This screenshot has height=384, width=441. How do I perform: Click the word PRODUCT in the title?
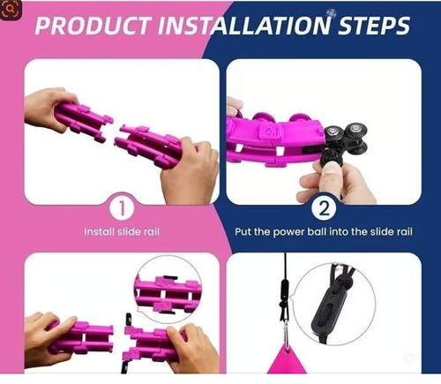(93, 26)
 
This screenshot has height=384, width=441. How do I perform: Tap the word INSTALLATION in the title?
(245, 26)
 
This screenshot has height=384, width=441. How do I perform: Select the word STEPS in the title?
(374, 26)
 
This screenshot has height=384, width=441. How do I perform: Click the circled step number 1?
(122, 208)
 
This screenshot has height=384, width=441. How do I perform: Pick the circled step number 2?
(324, 208)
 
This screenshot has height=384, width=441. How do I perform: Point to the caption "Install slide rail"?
(122, 232)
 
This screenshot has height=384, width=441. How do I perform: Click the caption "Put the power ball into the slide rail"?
(324, 232)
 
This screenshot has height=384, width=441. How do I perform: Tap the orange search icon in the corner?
(11, 9)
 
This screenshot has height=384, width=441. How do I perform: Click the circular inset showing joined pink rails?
(168, 290)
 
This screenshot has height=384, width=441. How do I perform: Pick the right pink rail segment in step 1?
(150, 145)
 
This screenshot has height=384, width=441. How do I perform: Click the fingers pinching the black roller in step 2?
(335, 179)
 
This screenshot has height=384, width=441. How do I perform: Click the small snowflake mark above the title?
(331, 13)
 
